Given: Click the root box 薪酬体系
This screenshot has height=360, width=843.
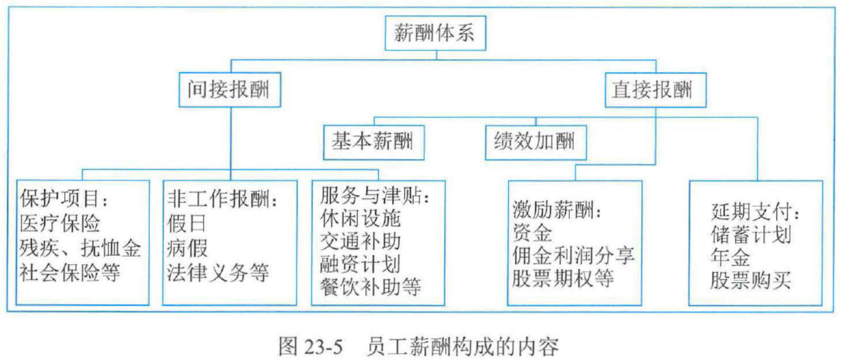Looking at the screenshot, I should [x=435, y=33].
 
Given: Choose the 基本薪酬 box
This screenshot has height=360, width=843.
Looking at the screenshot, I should [x=373, y=141].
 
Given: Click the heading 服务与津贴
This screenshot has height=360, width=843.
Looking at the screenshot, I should [x=375, y=195].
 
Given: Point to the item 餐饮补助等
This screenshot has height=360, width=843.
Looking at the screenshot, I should [x=371, y=287].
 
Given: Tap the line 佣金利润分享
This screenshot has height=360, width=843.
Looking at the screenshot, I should [x=573, y=255].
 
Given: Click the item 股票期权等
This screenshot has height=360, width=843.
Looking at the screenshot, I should [x=563, y=278].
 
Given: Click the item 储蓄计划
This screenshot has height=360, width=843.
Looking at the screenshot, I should [x=750, y=236].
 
